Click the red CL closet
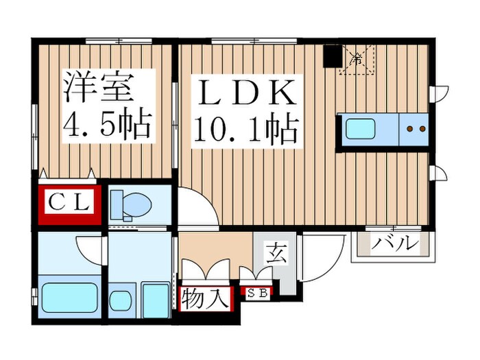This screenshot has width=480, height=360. click(69, 202)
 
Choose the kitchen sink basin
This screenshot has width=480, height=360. click(363, 130)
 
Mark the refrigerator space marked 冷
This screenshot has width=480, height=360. click(357, 60)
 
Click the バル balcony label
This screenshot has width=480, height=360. click(394, 243)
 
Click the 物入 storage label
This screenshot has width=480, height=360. click(204, 300)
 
